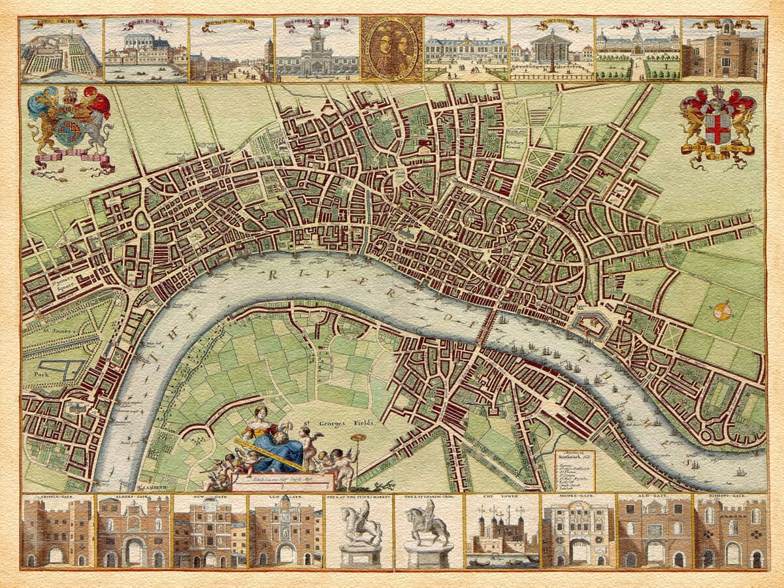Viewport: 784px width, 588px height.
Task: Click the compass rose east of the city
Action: pyautogui.click(x=722, y=312)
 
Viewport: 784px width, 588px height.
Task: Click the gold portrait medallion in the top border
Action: pyautogui.click(x=391, y=49)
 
